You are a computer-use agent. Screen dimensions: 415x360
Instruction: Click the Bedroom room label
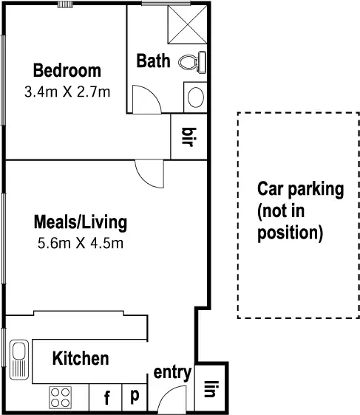point(67,71)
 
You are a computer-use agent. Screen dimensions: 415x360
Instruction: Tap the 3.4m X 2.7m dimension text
point(67,92)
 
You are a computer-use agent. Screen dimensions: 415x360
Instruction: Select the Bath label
point(153,61)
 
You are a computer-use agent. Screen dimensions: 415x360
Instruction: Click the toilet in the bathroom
point(194,62)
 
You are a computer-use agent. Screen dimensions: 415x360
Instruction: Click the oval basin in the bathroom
point(195,97)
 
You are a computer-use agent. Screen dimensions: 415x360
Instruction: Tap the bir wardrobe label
point(188,137)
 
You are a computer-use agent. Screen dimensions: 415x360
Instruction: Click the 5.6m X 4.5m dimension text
point(81,243)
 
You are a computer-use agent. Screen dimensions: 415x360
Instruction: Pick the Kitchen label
point(81,359)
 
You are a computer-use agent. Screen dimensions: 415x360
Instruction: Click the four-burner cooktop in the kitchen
point(61,397)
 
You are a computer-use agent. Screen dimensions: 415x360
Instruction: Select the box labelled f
point(106,399)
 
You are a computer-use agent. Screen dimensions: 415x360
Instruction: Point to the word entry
point(172,373)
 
